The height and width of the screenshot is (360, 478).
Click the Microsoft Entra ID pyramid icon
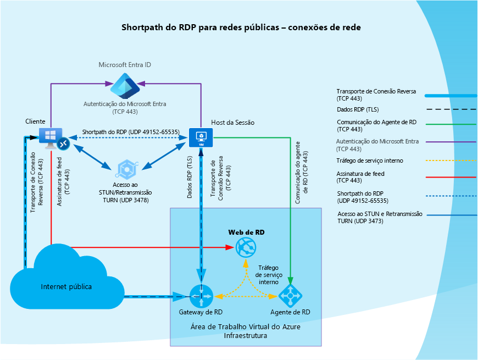coord(125,86)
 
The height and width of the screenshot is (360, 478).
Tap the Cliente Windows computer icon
coord(51,138)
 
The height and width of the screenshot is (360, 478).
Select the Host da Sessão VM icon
coord(201,138)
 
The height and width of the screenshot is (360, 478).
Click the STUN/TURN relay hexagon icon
coord(127,169)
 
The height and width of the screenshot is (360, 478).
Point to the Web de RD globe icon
coord(246,247)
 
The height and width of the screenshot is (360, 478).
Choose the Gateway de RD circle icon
coord(201,296)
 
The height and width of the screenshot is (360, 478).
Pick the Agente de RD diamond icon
coord(290,296)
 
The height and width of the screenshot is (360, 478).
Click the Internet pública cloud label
coord(66,286)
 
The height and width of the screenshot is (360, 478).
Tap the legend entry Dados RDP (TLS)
coord(358,109)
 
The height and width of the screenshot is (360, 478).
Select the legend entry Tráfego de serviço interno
coord(370,160)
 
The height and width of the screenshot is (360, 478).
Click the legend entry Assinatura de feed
coord(360,177)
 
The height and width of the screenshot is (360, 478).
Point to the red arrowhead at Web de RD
coord(230,247)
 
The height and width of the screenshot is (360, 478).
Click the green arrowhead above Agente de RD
coord(290,281)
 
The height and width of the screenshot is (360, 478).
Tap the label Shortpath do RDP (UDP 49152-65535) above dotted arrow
coord(130,132)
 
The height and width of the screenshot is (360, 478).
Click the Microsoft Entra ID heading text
coord(125,65)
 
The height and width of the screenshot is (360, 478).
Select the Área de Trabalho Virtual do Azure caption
coord(246,327)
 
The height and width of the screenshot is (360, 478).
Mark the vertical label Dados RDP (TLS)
coord(190,177)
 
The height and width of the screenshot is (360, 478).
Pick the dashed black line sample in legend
coord(451,109)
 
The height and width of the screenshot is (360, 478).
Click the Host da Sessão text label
coord(232,123)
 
